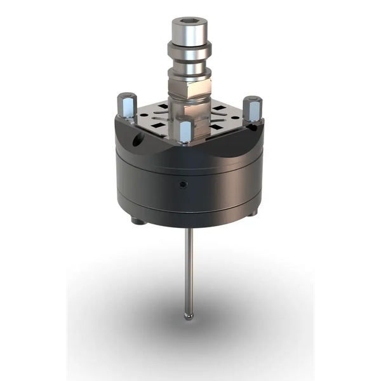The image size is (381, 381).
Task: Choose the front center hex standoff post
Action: tap(186, 130)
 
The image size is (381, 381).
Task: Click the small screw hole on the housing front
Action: tap(183, 184)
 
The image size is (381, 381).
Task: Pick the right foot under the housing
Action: tap(251, 213)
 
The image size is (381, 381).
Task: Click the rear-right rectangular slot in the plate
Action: tap(218, 109)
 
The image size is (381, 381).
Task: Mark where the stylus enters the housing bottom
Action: tap(188, 229)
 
